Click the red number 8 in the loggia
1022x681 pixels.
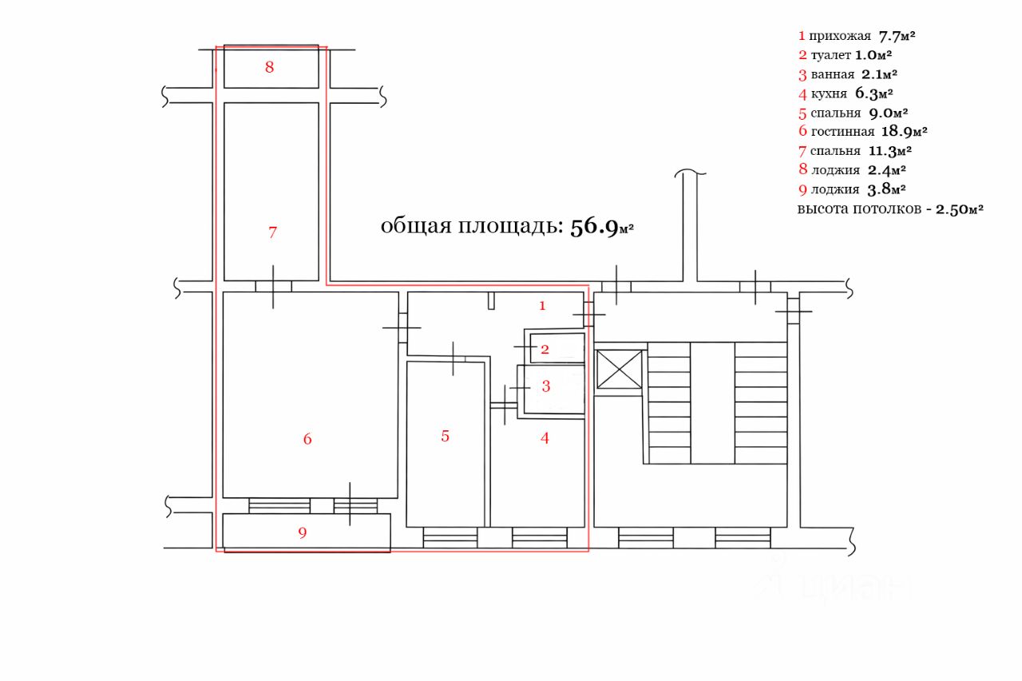(x=269, y=67)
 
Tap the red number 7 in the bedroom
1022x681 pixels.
(x=272, y=232)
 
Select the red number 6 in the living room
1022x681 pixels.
(x=307, y=438)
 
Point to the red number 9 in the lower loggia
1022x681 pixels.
(x=302, y=533)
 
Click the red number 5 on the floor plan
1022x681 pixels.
(x=446, y=436)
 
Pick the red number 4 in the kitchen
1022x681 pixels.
(x=545, y=438)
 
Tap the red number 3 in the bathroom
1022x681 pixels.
(x=546, y=386)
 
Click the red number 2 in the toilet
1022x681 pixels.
(x=545, y=349)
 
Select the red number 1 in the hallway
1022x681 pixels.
(x=542, y=305)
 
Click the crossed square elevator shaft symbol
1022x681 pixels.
(x=620, y=370)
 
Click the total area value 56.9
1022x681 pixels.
(x=594, y=227)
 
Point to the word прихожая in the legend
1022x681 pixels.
(x=839, y=36)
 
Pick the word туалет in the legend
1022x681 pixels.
(x=830, y=55)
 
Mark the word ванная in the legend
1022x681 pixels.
(x=832, y=74)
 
